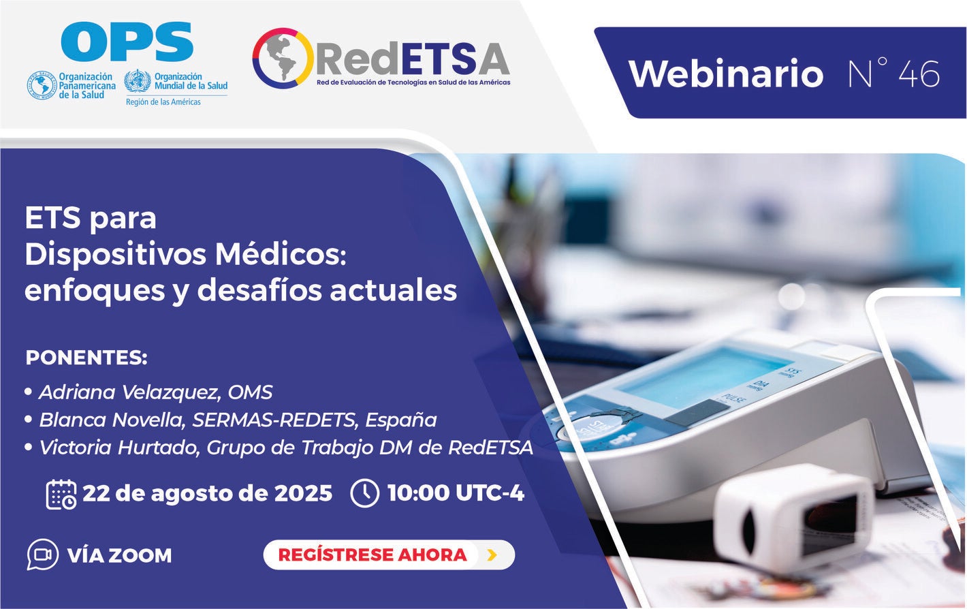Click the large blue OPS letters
coord(127,42)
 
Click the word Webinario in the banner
coord(725,73)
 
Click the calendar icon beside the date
coord(61,494)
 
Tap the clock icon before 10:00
coord(364,493)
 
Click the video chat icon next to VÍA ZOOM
coord(42,555)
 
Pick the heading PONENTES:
coord(86,358)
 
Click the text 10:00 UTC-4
coord(455,493)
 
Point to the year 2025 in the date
coord(303,493)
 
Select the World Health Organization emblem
coord(138,82)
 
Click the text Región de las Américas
coord(163,102)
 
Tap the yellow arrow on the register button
coord(492,555)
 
